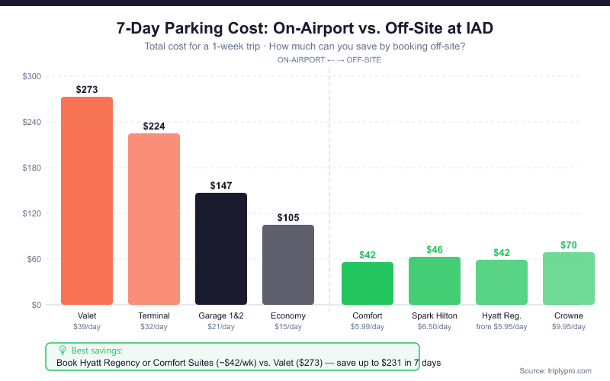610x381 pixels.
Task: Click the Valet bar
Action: (x=87, y=201)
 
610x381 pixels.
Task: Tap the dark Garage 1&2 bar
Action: (x=221, y=249)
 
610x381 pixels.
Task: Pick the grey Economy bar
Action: (x=288, y=265)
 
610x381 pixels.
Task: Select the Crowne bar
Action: (x=569, y=279)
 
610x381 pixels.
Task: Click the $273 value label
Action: (x=87, y=89)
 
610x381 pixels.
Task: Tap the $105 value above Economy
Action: (x=288, y=217)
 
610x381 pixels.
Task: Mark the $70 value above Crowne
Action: (x=569, y=245)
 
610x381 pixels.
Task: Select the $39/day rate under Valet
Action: (x=87, y=327)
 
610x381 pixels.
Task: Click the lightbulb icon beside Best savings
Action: (x=63, y=350)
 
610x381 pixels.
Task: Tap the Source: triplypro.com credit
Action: (x=555, y=370)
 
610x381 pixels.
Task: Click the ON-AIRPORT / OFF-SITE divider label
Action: (x=329, y=59)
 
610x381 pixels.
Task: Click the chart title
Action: (x=305, y=29)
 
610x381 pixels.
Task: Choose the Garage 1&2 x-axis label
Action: (x=221, y=315)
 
